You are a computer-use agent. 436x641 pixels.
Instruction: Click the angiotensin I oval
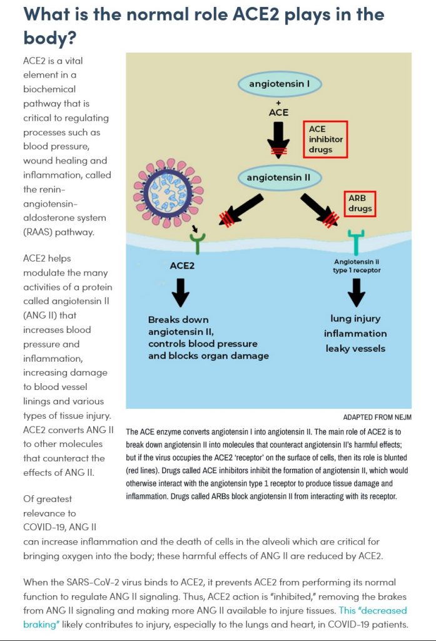coord(278,84)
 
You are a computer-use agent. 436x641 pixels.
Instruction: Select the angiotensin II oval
coord(278,178)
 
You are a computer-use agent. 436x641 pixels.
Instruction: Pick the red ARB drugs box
coord(360,204)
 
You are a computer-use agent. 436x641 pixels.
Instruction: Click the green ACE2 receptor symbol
coord(198,242)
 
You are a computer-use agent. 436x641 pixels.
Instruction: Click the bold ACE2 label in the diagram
coord(182,265)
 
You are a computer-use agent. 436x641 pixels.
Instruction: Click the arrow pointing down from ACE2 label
coord(181,291)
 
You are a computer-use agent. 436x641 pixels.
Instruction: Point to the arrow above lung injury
coord(356,291)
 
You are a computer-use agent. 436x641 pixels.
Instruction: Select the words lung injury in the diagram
coord(355,319)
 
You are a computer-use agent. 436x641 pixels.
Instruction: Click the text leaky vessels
coord(355,348)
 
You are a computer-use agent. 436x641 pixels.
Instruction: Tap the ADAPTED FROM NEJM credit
coord(377,417)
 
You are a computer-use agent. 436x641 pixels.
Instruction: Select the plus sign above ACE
coord(278,103)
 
